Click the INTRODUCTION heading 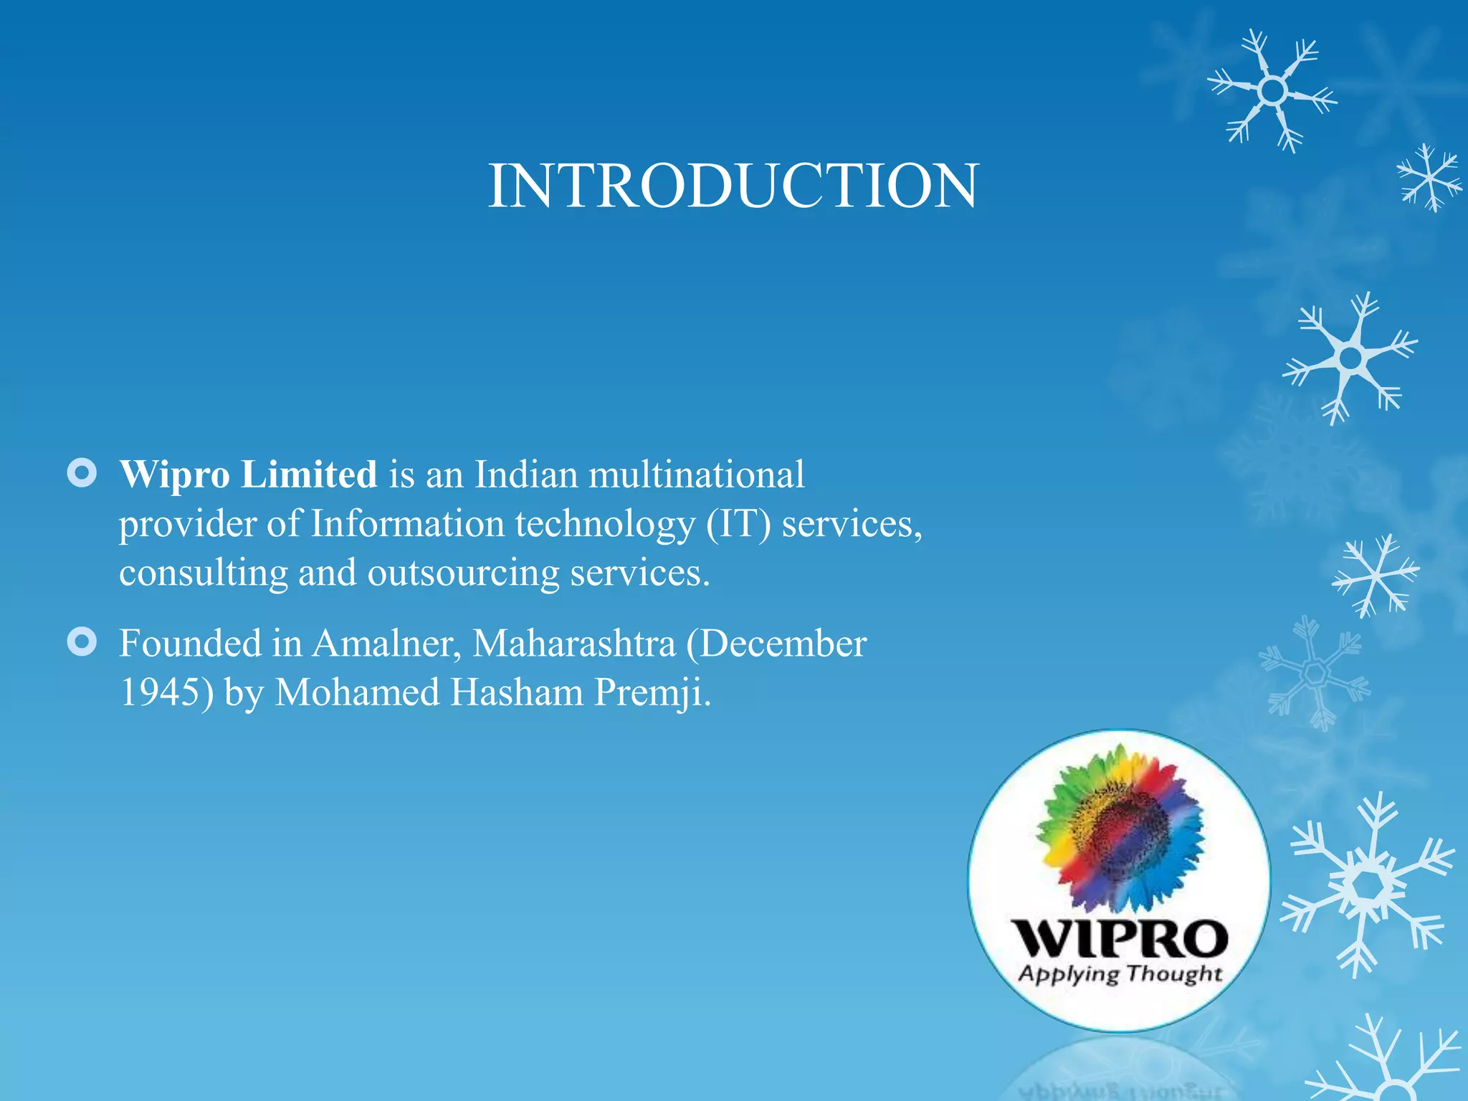click(733, 186)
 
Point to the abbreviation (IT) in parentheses click(738, 525)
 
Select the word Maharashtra click(573, 644)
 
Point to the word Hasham click(517, 693)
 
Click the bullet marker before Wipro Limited click(82, 473)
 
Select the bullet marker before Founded click(82, 642)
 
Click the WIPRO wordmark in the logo click(1120, 939)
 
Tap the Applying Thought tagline click(1120, 974)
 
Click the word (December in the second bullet click(776, 644)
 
